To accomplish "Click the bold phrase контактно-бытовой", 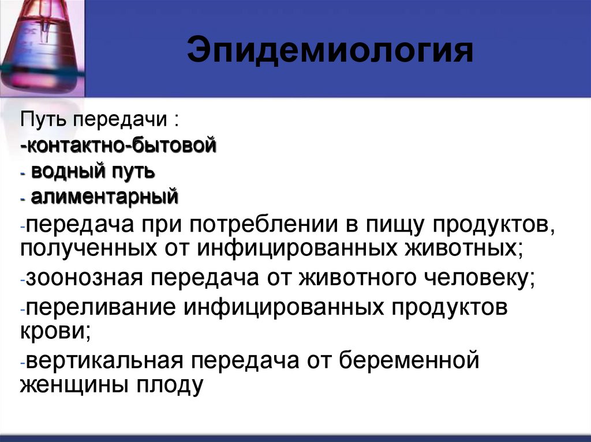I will (120, 145).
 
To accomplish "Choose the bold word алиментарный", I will (104, 198).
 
